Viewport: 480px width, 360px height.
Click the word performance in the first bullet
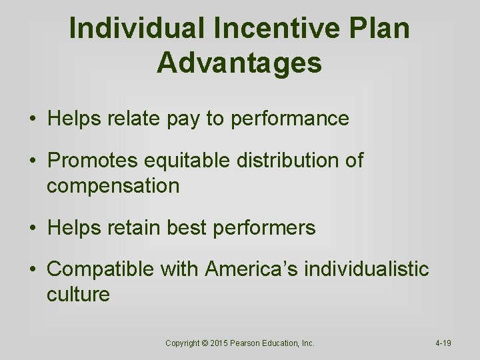click(289, 119)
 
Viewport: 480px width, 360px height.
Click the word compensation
click(113, 185)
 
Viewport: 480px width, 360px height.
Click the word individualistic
click(367, 269)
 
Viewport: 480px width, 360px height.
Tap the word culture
click(78, 294)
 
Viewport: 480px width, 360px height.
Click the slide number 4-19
click(443, 343)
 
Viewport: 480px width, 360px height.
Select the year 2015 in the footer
click(219, 343)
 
